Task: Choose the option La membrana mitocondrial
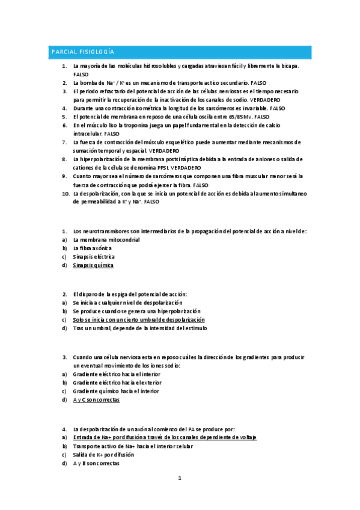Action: point(106,239)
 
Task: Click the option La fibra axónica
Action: point(93,248)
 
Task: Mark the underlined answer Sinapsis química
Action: point(93,265)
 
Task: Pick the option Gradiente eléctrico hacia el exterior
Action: point(117,382)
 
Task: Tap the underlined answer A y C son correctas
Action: point(96,399)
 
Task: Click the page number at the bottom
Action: point(179,478)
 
